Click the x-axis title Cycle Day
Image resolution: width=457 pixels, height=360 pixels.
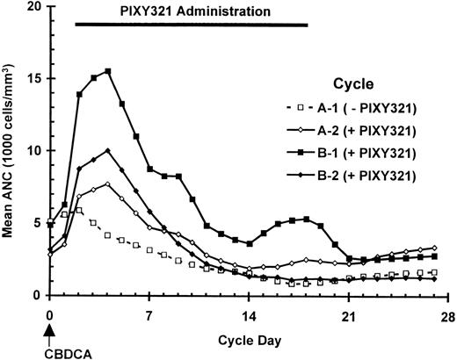coord(249,338)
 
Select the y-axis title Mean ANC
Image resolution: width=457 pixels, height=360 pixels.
coord(11,149)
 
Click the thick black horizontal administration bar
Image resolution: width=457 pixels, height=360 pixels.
coord(192,25)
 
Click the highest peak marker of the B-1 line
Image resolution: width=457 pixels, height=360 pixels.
coord(107,71)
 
